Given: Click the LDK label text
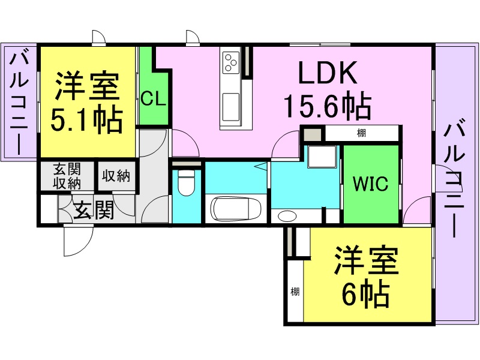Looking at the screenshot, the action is pos(327,73).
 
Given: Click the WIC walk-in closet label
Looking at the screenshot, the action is pos(370,184).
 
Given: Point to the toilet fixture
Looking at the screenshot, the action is pos(187,183).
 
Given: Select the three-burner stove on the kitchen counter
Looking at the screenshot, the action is pos(231,62).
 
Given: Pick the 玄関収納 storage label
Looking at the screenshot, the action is pos(67,176).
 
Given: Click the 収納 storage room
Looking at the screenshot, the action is pos(116,176).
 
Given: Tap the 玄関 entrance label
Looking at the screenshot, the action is pos(94,210).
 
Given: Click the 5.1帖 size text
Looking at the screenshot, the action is pos(86,120).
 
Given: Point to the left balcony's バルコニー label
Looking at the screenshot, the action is pos(19,103).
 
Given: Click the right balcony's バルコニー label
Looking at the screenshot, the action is pos(455,181).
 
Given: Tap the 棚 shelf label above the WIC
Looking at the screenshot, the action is pos(362,133).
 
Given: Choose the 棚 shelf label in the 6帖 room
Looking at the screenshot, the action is pos(295,292).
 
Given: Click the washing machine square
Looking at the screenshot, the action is pos(322,157).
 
